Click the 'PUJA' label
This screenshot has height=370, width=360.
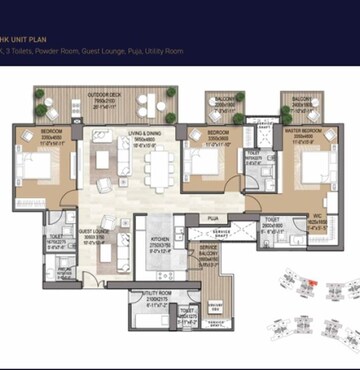pyautogui.click(x=213, y=217)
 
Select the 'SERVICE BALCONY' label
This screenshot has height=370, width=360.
pyautogui.click(x=210, y=251)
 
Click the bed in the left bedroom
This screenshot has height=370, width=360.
pyautogui.click(x=38, y=166)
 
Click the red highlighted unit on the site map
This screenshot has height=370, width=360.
pyautogui.click(x=313, y=284)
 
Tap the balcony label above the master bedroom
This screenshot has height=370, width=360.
pyautogui.click(x=299, y=99)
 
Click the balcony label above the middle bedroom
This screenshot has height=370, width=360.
pyautogui.click(x=224, y=99)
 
